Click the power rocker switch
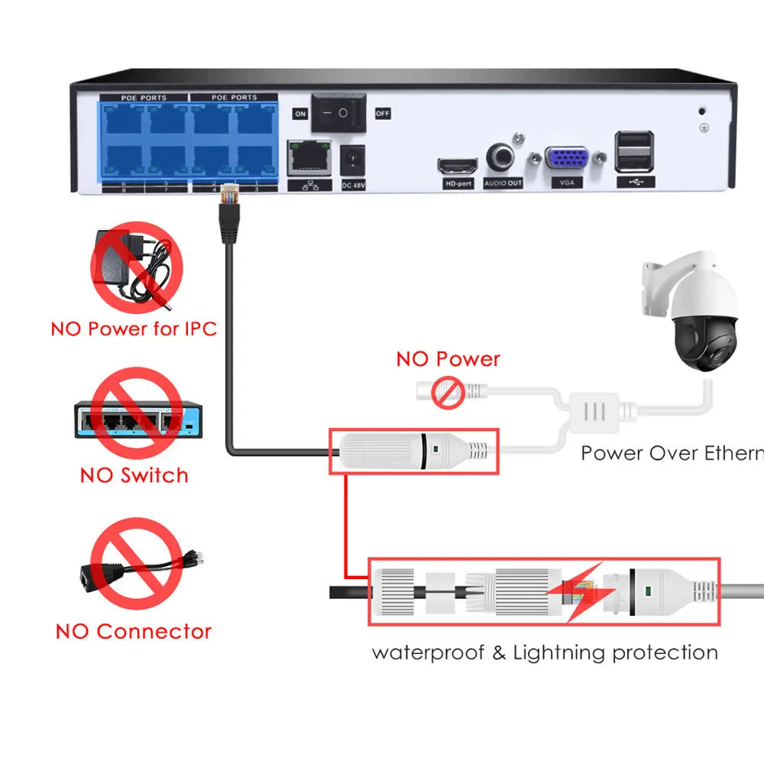click(336, 112)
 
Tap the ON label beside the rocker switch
click(300, 113)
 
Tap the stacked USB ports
click(634, 153)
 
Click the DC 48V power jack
click(354, 161)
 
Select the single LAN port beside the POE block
click(308, 159)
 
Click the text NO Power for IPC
click(134, 329)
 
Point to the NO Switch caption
click(134, 475)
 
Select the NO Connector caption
click(134, 631)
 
